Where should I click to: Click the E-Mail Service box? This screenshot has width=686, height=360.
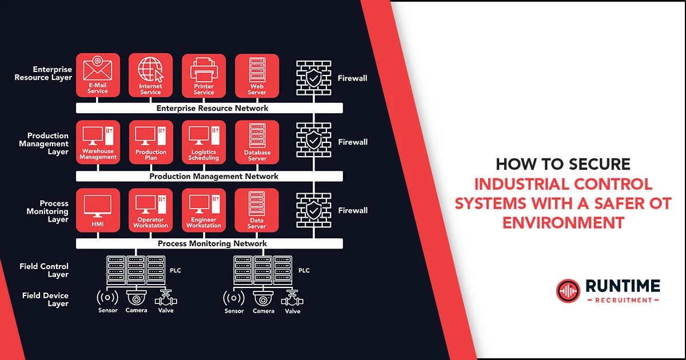[98, 75]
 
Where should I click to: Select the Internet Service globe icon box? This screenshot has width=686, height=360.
[150, 75]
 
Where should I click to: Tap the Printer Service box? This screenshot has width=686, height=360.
[204, 75]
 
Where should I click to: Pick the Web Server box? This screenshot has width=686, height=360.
[257, 75]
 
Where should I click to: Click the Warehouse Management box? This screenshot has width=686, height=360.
[98, 142]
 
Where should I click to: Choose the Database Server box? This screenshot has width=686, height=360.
[257, 142]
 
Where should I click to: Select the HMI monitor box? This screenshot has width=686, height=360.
[98, 210]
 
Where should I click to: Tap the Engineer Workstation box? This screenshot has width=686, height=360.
[204, 210]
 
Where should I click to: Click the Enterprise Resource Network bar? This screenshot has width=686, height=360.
[209, 108]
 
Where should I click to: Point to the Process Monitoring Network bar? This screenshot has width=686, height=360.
[209, 243]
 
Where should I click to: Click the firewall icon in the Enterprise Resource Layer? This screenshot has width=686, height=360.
[313, 78]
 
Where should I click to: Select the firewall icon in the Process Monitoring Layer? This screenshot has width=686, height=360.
[313, 210]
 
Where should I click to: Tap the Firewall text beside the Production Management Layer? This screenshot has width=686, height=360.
[352, 142]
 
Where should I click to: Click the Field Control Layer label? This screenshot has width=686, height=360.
[44, 270]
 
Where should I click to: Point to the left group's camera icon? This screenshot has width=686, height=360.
[136, 298]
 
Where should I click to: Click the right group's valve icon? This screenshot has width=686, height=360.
[292, 298]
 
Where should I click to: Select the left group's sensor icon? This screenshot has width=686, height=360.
[107, 298]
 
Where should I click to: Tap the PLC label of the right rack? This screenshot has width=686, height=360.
[304, 270]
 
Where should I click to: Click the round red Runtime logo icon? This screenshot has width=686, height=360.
[567, 291]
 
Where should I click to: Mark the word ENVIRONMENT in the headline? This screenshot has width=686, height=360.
[563, 222]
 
